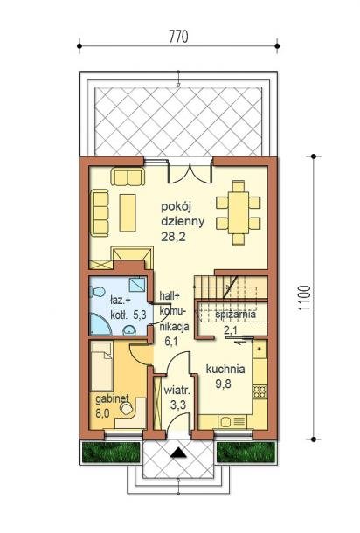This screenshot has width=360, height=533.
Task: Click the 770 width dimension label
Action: (x=178, y=37)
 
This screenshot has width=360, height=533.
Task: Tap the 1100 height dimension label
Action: (x=304, y=297)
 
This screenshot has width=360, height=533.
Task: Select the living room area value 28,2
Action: (x=173, y=237)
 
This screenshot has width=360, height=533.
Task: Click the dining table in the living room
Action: (x=239, y=213)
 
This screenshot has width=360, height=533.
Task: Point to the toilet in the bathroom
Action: (x=97, y=292)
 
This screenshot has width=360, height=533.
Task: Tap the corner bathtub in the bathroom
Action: (x=100, y=324)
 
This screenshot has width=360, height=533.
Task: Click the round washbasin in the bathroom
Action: (x=129, y=329)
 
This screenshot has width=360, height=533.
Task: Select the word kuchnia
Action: (x=225, y=369)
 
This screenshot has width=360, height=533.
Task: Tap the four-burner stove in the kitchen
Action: (x=260, y=391)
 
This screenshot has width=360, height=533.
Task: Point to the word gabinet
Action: (x=112, y=399)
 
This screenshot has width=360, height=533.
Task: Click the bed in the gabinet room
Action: (x=101, y=366)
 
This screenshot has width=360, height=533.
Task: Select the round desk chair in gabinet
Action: (x=127, y=409)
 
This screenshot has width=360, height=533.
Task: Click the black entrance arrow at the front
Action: (x=178, y=453)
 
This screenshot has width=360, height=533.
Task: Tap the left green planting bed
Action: (x=111, y=453)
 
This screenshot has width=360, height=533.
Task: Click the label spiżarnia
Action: (x=236, y=315)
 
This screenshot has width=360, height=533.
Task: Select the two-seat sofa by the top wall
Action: (x=128, y=177)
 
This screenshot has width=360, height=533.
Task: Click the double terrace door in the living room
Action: (x=190, y=171)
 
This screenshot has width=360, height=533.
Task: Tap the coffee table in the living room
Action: (x=128, y=213)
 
